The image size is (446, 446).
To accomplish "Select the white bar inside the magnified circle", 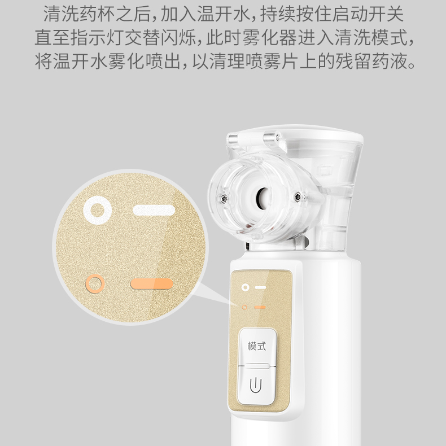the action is point(154,210).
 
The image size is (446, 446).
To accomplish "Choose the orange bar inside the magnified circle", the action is point(152,284).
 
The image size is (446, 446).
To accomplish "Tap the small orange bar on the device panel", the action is point(260,307).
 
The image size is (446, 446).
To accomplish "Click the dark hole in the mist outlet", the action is point(263,197).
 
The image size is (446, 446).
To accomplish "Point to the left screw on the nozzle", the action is point(222,198).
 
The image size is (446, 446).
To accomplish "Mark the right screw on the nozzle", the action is point(298,196).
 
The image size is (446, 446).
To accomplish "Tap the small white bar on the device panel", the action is point(260,287).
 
